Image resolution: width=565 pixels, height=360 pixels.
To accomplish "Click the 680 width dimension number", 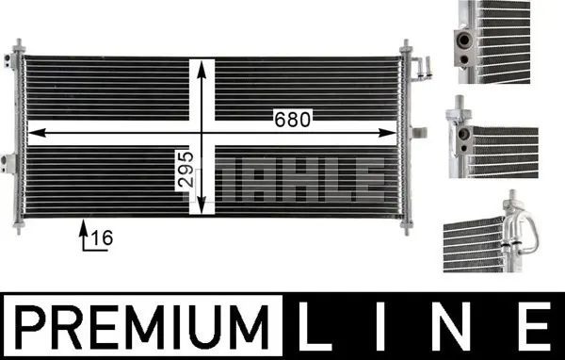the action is pos(292,120).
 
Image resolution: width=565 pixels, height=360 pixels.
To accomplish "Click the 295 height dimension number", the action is pos(186,170).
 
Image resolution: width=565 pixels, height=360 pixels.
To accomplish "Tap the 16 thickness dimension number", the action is pos(102,237).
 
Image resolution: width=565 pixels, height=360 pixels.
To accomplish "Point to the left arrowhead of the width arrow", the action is pos(37,133).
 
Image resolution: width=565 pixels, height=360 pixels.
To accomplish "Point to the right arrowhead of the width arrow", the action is pos(387,133).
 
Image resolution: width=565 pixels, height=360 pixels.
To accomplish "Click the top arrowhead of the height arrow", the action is pos(202,69).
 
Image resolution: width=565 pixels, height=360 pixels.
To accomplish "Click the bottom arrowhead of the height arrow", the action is pos(202,205).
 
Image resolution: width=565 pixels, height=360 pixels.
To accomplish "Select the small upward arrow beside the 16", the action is pos(84,234).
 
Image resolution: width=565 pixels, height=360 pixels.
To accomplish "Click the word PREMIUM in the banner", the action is pos(141,327).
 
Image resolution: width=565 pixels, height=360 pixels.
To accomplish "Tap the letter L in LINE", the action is pos(314,326).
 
